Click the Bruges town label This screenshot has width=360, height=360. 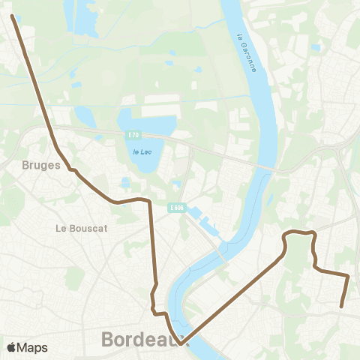click(x=41, y=165)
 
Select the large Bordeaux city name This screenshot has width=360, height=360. click(x=142, y=339)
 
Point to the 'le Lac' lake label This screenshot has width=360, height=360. click(x=141, y=151)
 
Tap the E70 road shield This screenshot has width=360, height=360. click(x=133, y=134)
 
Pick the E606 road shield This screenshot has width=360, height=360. click(x=176, y=208)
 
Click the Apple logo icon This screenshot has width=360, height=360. click(x=11, y=347)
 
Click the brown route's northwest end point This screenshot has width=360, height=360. click(x=13, y=15)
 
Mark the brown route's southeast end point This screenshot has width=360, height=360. click(x=342, y=306)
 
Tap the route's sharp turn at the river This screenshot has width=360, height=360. click(x=180, y=342)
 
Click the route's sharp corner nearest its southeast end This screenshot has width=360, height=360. click(x=348, y=277)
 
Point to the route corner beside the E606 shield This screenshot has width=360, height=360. click(x=149, y=202)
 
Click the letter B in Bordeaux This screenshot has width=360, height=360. click(x=107, y=339)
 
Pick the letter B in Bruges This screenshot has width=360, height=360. click(x=26, y=165)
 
